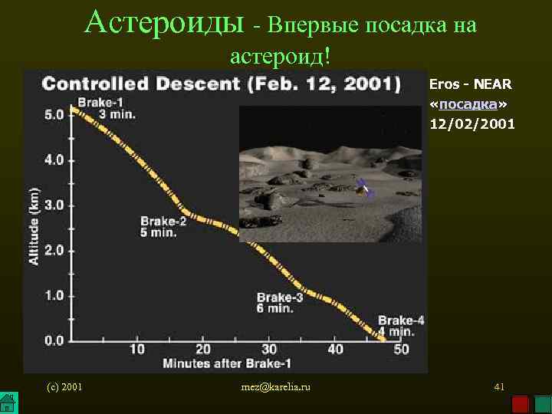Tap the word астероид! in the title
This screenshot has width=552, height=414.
(x=280, y=55)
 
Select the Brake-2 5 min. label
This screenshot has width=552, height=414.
(x=163, y=226)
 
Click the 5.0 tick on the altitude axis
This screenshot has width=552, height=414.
(x=54, y=115)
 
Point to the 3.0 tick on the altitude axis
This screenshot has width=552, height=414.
(x=54, y=205)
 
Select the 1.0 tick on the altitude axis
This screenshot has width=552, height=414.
(x=54, y=295)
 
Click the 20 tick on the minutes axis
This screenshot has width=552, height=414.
(x=203, y=350)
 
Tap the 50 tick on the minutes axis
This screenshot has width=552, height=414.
(x=401, y=350)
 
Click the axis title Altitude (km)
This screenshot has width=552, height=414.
(x=34, y=227)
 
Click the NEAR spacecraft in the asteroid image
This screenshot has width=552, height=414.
(x=365, y=187)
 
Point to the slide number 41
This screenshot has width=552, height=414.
(x=498, y=387)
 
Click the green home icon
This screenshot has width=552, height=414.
(x=8, y=403)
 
